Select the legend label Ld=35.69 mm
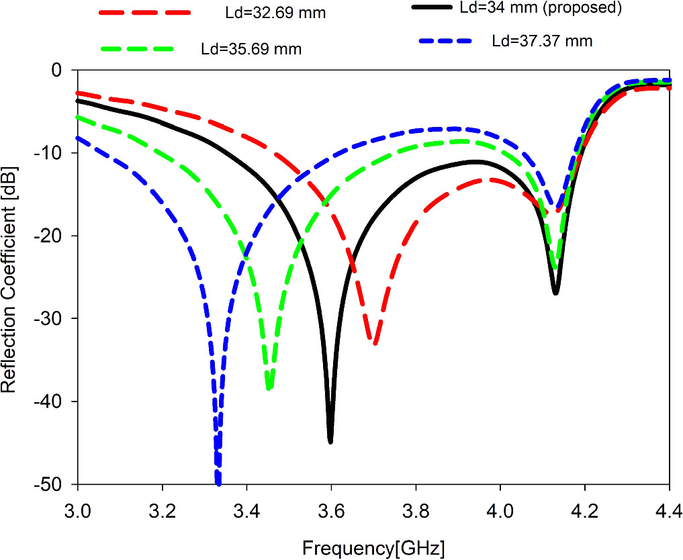(x=251, y=49)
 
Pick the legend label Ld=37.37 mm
(x=542, y=41)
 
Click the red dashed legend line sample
(x=144, y=13)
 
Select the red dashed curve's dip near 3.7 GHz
(x=375, y=343)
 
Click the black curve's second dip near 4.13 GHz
(x=555, y=293)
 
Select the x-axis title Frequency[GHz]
(x=373, y=547)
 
